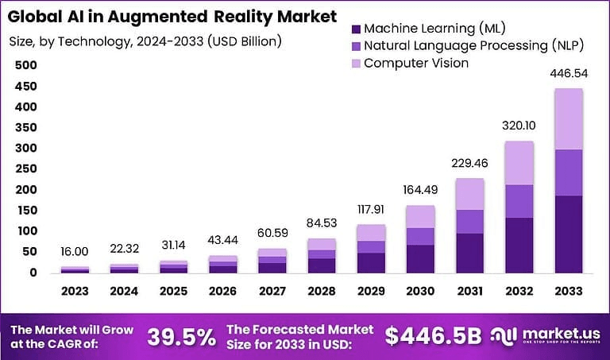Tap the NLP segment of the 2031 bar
[x=470, y=221]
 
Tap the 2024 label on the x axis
[x=125, y=290]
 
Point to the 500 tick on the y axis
[x=26, y=64]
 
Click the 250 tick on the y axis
[x=26, y=168]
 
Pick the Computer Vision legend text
[x=416, y=63]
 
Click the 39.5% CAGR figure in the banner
[x=181, y=336]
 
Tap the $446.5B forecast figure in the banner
[x=433, y=336]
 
